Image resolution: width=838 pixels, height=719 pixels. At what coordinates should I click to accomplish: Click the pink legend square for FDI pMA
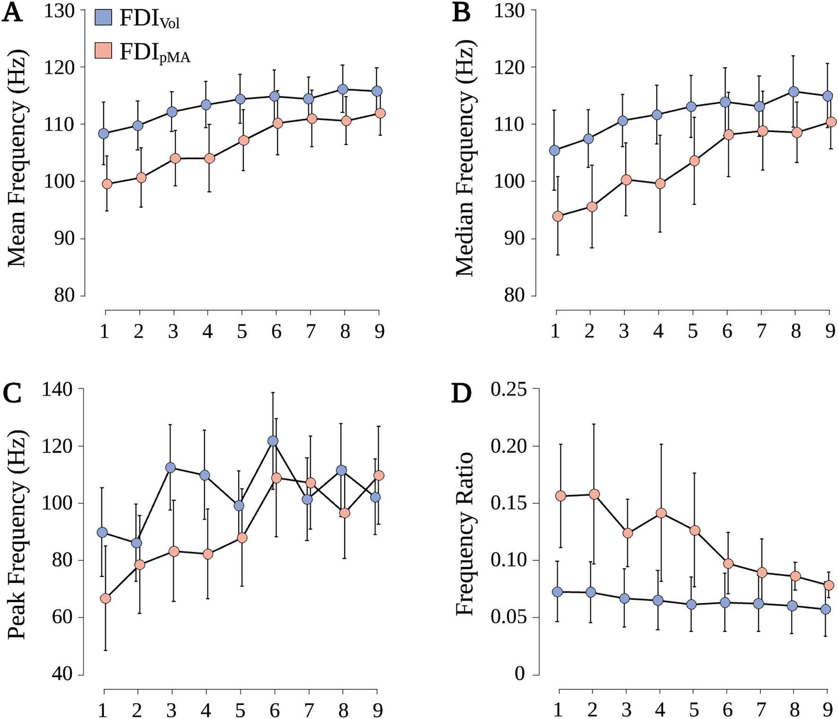pos(103,51)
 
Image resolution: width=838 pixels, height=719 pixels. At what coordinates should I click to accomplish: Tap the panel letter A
pos(12,14)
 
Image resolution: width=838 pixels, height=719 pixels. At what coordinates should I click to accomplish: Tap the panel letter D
pos(461,394)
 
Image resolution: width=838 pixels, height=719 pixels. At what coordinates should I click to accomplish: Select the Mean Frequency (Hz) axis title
pos(17,158)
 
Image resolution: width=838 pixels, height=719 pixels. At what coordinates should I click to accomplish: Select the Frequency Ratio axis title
pos(465,534)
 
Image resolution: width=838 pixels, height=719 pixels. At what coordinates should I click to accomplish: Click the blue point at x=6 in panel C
pos(273,441)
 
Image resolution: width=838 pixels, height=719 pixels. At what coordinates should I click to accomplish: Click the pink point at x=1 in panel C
pos(106,599)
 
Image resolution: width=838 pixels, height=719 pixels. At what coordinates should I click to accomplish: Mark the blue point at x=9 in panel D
pos(826,609)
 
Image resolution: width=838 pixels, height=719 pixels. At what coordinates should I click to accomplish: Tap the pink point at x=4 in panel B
pos(660,184)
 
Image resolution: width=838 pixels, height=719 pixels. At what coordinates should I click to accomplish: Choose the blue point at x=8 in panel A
pos(344,90)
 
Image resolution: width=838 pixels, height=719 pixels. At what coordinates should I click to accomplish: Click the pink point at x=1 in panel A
pos(107,184)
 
